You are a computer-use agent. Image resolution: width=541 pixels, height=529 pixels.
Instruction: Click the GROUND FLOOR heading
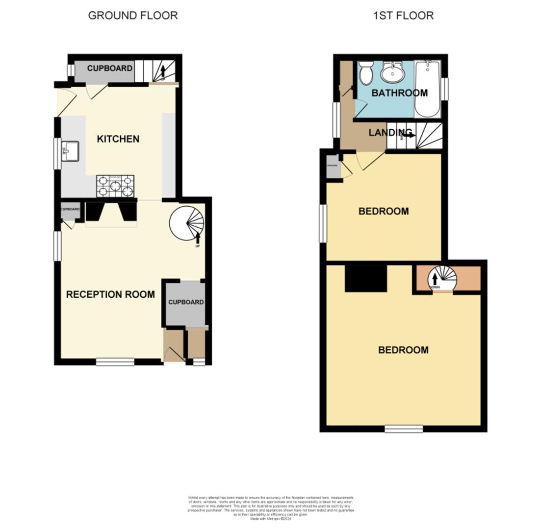pos(132,16)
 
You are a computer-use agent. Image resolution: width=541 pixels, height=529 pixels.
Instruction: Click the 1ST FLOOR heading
pos(403,16)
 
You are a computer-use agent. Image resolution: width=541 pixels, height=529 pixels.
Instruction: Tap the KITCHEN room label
pos(118,139)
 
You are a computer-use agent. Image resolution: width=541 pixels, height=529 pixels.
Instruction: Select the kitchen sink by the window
pos(70,151)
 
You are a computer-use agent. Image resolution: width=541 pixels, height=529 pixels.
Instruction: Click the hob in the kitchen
pos(115,186)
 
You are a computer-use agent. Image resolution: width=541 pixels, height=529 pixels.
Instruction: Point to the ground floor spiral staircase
pos(187,223)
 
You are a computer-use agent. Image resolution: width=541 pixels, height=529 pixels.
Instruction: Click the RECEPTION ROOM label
pos(110,294)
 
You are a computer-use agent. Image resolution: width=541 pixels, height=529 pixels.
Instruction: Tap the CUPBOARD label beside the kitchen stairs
pos(110,69)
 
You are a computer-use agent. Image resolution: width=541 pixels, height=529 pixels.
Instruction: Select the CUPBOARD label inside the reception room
pos(186,302)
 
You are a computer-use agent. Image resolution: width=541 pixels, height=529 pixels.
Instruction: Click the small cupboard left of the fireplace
pos(70,212)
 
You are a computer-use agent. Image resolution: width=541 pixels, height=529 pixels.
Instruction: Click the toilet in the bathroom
pos(366,73)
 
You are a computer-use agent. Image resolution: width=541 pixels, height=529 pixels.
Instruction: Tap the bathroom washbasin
pos(393,73)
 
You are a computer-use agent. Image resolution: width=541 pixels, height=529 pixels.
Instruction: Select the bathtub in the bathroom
pos(427,89)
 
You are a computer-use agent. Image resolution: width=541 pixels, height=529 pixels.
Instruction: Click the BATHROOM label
pos(399,93)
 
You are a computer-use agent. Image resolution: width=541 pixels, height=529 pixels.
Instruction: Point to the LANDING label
pos(389,133)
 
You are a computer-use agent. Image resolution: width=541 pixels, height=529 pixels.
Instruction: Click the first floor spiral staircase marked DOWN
pos(442,279)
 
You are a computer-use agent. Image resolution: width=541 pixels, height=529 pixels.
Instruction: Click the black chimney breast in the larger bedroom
pos(366,278)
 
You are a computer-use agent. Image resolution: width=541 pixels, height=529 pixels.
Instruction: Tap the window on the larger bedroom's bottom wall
pos(403,429)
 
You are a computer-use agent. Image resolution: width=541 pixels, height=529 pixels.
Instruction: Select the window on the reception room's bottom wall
pos(115,362)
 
